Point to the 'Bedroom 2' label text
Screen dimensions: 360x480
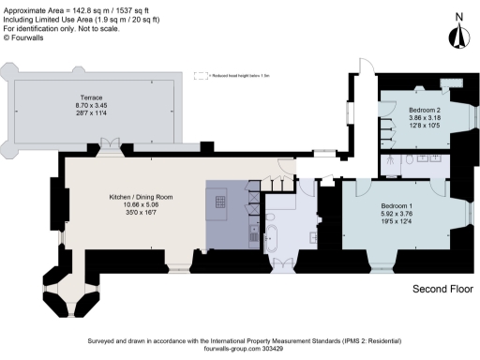point(424,109)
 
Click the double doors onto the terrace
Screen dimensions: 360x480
point(110,145)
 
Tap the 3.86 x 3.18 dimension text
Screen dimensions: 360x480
point(424,117)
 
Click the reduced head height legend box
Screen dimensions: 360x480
point(200,75)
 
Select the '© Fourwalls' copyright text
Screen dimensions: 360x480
point(25,37)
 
